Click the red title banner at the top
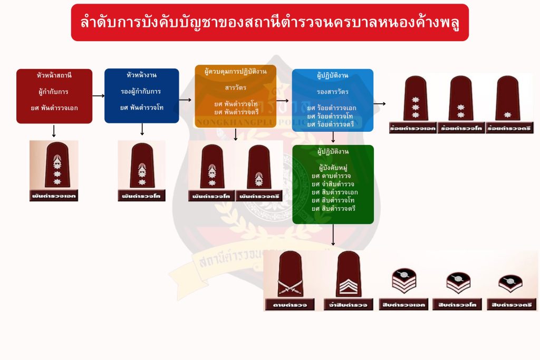[269, 23]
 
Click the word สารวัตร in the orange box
[235, 87]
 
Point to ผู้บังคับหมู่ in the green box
[332, 168]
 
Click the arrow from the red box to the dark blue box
[98, 96]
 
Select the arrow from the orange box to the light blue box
[283, 100]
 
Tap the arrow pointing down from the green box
[333, 235]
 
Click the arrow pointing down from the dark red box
[54, 131]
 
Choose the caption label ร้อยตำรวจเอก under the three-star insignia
[412, 129]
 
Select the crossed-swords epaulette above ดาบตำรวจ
[290, 274]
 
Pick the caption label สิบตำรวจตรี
[510, 305]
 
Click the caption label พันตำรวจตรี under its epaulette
[259, 197]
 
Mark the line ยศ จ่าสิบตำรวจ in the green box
[334, 183]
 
